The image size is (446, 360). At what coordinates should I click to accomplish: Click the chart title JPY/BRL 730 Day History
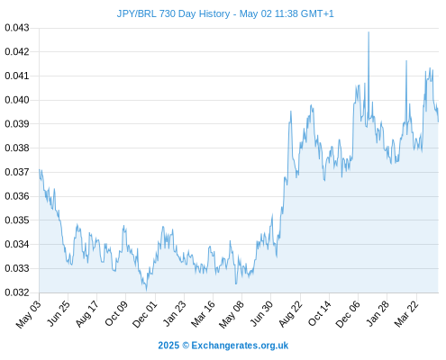click(x=173, y=13)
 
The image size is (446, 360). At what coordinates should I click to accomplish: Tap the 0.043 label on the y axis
click(x=17, y=28)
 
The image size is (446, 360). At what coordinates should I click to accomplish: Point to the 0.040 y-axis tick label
click(x=17, y=100)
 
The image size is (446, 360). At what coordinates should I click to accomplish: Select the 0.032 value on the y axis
click(x=17, y=292)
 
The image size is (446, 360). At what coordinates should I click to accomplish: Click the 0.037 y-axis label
click(x=17, y=172)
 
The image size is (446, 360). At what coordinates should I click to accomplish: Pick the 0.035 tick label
click(x=17, y=220)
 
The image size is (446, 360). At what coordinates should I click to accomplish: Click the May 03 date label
click(x=29, y=314)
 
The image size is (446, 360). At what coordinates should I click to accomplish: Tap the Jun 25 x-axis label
click(x=59, y=313)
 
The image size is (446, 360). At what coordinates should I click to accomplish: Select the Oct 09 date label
click(x=116, y=313)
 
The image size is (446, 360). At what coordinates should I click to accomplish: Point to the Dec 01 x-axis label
click(x=145, y=314)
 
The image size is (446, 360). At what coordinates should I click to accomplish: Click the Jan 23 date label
click(x=175, y=313)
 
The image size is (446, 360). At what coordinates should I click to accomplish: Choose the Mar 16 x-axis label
click(x=204, y=313)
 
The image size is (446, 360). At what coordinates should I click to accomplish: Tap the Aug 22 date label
click(x=290, y=313)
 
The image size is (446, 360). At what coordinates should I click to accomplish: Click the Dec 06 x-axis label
click(x=348, y=314)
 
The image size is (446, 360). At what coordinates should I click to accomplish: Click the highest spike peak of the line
click(x=369, y=32)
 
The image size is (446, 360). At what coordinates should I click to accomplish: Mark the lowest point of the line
click(x=146, y=290)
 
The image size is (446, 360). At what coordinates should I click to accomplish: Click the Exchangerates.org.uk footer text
click(x=240, y=346)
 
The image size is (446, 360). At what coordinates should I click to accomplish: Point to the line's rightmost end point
click(x=438, y=121)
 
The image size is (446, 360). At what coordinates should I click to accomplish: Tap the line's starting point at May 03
click(x=40, y=170)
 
